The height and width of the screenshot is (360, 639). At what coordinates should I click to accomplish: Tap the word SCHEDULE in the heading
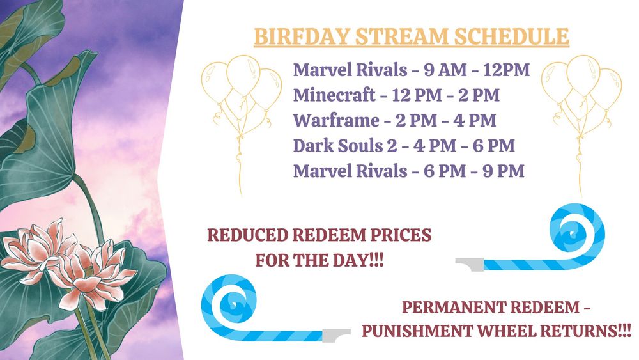click(511, 36)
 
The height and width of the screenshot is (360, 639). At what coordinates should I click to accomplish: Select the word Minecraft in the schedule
click(334, 95)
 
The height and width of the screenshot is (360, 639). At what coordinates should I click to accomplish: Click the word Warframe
click(336, 120)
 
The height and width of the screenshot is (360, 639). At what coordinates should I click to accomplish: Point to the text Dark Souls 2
click(345, 146)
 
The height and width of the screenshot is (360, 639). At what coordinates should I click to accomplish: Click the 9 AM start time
click(445, 70)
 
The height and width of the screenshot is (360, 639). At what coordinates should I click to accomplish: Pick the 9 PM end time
click(504, 171)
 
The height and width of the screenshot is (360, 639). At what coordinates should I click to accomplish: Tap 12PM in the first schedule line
click(507, 70)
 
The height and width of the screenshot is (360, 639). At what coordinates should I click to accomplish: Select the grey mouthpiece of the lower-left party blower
click(336, 334)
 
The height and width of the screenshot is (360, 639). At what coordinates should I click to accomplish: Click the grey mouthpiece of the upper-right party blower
click(470, 264)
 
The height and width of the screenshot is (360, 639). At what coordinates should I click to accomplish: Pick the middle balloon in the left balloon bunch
click(243, 76)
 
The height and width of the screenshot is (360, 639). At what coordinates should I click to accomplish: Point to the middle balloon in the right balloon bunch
click(583, 76)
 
